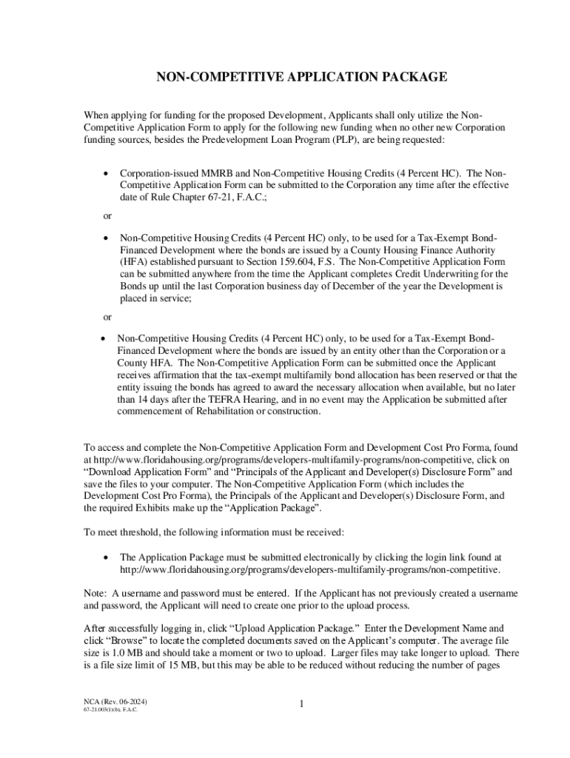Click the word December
[373, 286]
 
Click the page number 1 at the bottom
[301, 704]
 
